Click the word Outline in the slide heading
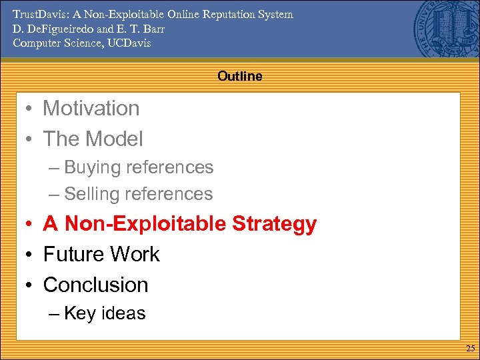(239, 77)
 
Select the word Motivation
(91, 108)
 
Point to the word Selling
(94, 194)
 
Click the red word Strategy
(274, 224)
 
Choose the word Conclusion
(96, 285)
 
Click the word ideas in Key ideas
(123, 313)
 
